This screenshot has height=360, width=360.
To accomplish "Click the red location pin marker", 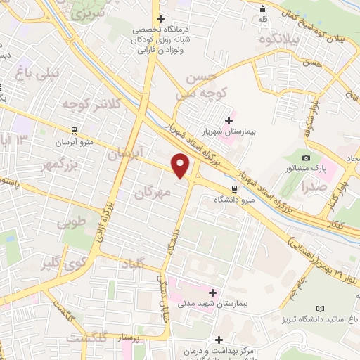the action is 181,165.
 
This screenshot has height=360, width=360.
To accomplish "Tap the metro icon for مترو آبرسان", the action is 74,130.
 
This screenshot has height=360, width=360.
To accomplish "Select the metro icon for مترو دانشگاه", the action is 234,188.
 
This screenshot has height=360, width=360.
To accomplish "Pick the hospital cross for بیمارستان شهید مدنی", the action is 212,292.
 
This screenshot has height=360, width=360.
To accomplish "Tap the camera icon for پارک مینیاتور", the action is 306,157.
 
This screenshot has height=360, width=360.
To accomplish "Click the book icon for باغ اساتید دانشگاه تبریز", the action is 321,309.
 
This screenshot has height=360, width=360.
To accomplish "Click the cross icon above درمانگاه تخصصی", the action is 161,18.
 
